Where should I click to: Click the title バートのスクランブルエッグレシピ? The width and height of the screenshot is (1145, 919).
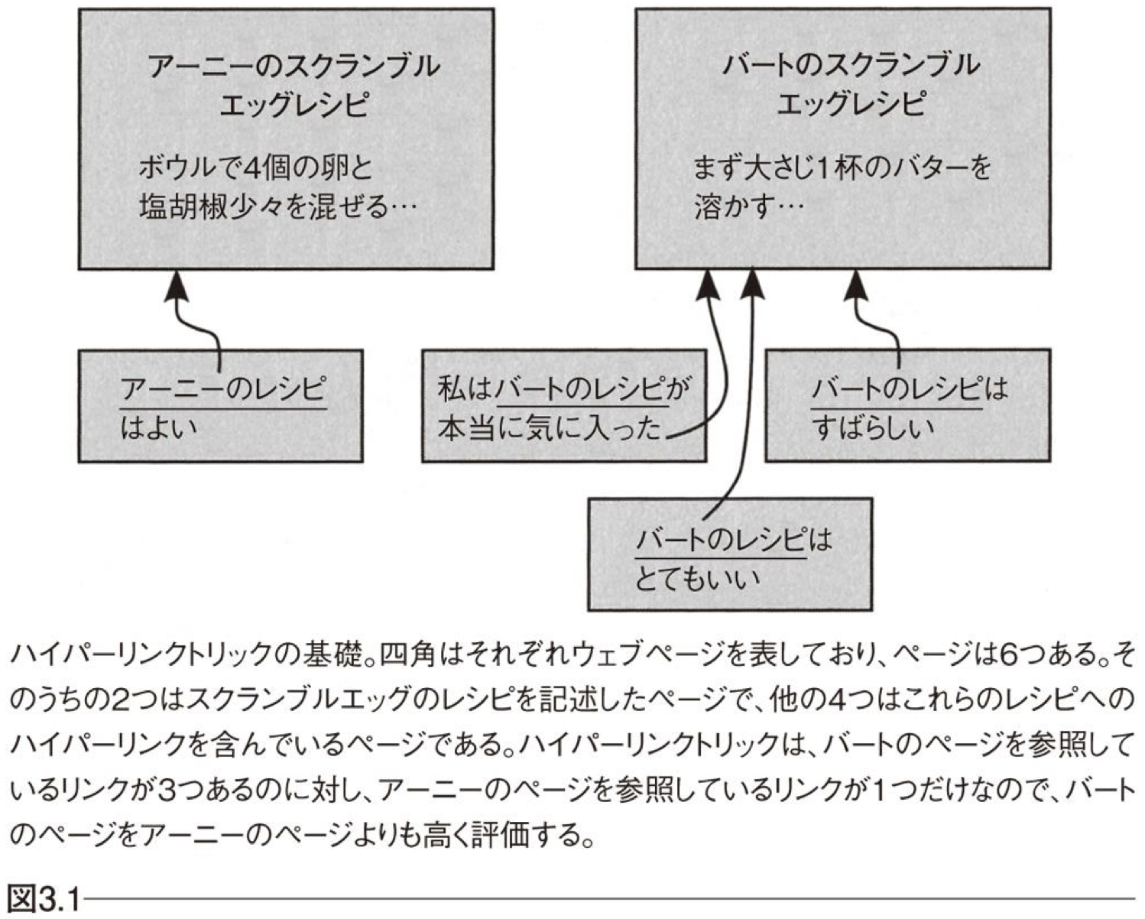click(x=850, y=84)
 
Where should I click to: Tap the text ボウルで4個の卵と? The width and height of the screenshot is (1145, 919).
click(x=255, y=167)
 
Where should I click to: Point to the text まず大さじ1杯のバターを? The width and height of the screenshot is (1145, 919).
click(x=841, y=167)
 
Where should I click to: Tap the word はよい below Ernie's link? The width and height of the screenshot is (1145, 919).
click(x=158, y=427)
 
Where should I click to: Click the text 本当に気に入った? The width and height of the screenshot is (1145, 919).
click(x=549, y=428)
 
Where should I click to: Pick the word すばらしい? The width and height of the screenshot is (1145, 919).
click(x=873, y=427)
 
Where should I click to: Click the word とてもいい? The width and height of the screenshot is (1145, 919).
click(x=697, y=577)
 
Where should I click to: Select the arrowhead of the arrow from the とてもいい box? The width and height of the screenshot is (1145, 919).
click(x=753, y=286)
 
